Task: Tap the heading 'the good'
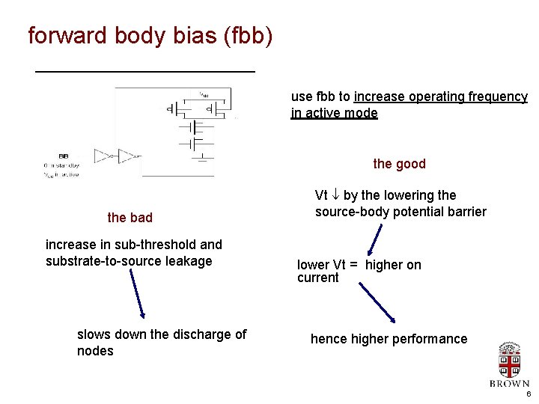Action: [x=399, y=164]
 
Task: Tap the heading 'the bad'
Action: [x=130, y=218]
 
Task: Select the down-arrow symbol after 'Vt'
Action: [x=335, y=196]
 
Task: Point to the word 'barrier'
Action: [x=466, y=212]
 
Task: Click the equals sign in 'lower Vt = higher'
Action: [x=353, y=265]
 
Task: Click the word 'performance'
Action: [x=430, y=339]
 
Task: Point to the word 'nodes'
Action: [x=95, y=351]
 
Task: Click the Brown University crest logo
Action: [x=510, y=360]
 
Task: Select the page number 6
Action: [x=528, y=394]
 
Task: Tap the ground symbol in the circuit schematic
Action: [x=202, y=157]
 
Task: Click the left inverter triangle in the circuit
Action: [x=102, y=156]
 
